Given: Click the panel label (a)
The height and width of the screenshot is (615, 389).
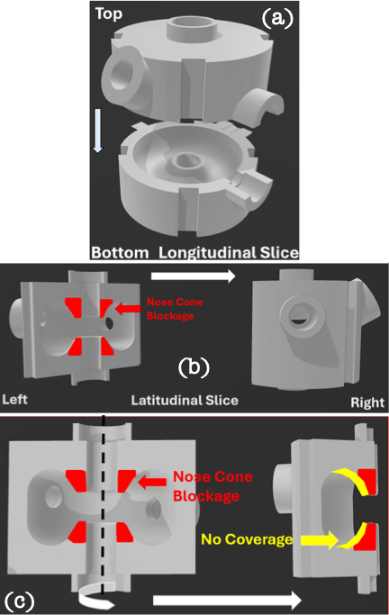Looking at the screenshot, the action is coord(277,18).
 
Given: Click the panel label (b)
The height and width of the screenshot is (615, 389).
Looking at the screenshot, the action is coord(194,367).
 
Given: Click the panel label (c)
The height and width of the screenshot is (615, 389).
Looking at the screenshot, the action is coord(19,601).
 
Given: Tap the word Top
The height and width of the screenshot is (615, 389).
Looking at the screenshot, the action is coord(109,14).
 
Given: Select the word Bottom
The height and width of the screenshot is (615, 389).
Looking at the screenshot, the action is coord(120,253).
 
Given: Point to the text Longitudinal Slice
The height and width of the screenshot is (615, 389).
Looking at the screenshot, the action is coord(229,253).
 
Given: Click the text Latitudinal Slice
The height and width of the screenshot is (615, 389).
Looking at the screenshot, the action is coord(185,400).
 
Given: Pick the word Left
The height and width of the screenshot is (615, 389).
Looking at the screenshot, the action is coord(15,399).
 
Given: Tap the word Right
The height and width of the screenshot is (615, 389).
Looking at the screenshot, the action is coord(367,402).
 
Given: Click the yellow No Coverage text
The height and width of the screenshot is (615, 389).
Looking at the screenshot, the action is coord(247,539).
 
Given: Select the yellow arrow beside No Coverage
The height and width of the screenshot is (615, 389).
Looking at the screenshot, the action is coord(319,540).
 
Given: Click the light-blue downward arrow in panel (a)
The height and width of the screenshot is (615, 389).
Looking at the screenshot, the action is coord(97,131).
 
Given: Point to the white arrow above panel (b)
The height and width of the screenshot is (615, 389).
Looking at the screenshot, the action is coord(193,276).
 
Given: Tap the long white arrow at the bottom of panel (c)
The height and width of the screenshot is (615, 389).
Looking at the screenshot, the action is coord(227,600).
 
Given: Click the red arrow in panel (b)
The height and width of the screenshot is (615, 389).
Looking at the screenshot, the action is coord(128,309).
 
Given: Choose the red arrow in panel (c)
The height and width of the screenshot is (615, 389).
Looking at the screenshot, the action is coord(152,481).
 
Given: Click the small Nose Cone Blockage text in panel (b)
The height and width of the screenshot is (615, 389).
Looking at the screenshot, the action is coord(175,309).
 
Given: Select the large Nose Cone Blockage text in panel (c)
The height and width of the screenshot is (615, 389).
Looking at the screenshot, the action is coord(213,486).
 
